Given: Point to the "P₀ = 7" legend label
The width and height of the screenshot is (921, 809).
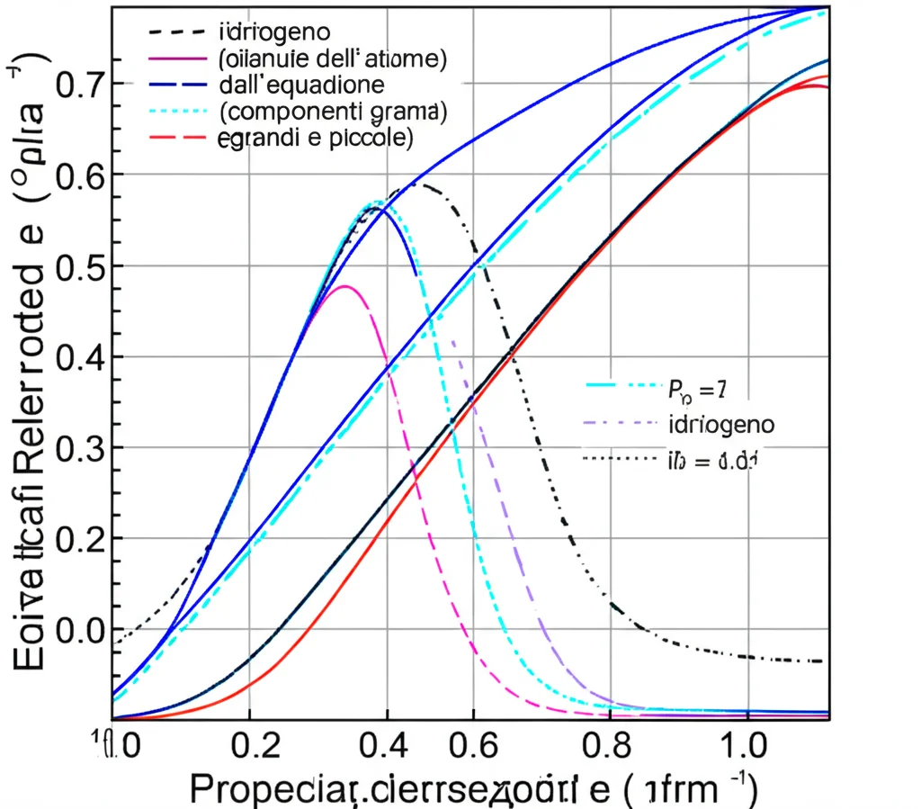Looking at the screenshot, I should [696, 390].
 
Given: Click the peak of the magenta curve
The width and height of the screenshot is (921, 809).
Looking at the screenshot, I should [344, 286].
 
